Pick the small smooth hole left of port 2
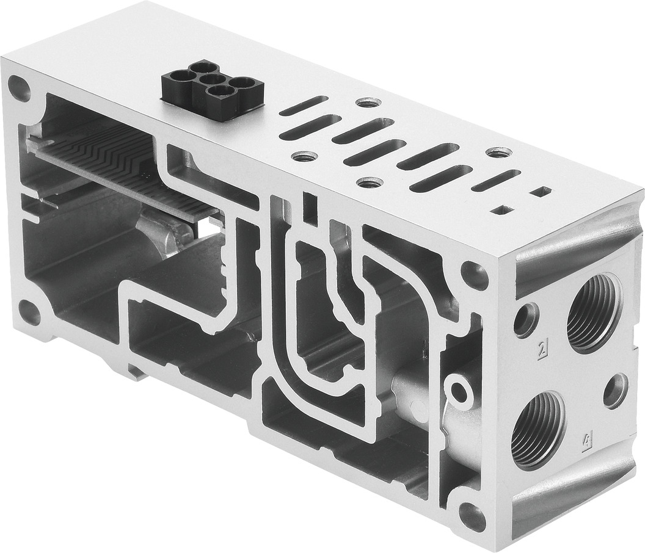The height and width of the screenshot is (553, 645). pyautogui.click(x=525, y=319)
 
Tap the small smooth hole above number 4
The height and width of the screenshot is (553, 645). pyautogui.click(x=615, y=391)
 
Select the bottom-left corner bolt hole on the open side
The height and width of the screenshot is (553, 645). pyautogui.click(x=28, y=312)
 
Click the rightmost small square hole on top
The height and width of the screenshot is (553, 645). pyautogui.click(x=539, y=192)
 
